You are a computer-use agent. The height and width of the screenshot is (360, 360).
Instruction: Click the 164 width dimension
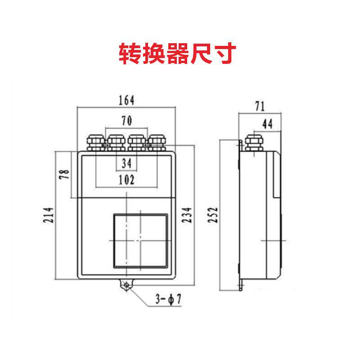126,100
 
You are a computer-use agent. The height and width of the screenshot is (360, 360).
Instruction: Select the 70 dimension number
126,120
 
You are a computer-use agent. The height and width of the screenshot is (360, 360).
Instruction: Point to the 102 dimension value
126,180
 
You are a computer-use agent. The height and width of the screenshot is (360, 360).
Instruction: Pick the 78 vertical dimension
65,174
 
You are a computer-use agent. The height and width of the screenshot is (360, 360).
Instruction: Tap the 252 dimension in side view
213,216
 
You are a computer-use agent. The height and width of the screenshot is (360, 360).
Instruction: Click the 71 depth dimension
259,107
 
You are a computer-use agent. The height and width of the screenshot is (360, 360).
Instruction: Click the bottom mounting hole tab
126,284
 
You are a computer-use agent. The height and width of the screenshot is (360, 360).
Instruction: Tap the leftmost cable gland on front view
95,141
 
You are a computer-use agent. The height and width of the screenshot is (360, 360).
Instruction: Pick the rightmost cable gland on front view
157,141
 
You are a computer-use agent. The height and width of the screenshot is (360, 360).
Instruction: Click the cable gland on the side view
252,142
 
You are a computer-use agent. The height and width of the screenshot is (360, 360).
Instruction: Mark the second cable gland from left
116,141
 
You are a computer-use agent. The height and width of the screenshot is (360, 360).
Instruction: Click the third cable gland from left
136,141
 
